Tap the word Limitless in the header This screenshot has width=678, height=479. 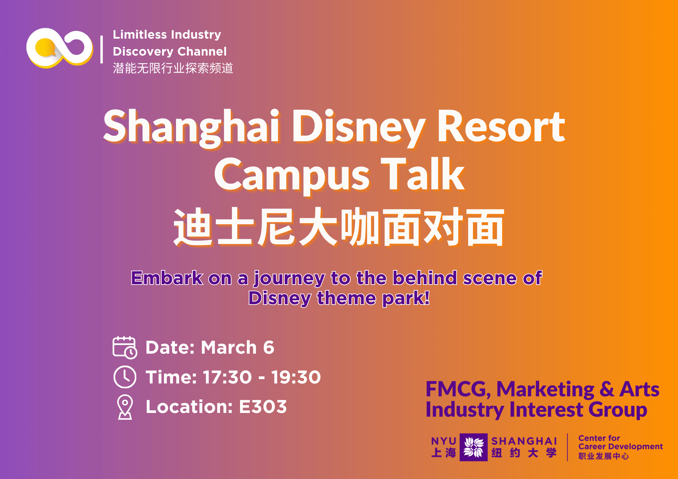[x=140, y=35]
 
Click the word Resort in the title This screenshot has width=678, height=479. [x=501, y=126]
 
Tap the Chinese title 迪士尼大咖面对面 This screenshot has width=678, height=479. [x=339, y=227]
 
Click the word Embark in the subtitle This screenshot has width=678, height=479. [x=167, y=278]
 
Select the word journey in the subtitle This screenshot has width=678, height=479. [x=289, y=279]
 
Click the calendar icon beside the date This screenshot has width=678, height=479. [x=125, y=347]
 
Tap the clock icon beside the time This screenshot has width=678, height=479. [x=125, y=377]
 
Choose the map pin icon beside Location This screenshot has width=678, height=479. [x=125, y=407]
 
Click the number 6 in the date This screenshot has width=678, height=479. [x=268, y=348]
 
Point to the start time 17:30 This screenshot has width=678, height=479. [x=227, y=377]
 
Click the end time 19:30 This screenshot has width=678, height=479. [x=296, y=377]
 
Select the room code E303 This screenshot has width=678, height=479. [x=263, y=407]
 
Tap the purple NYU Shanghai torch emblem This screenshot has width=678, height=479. [x=474, y=447]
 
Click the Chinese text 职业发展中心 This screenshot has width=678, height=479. [x=603, y=456]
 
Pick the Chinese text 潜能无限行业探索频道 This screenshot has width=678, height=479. [x=173, y=68]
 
